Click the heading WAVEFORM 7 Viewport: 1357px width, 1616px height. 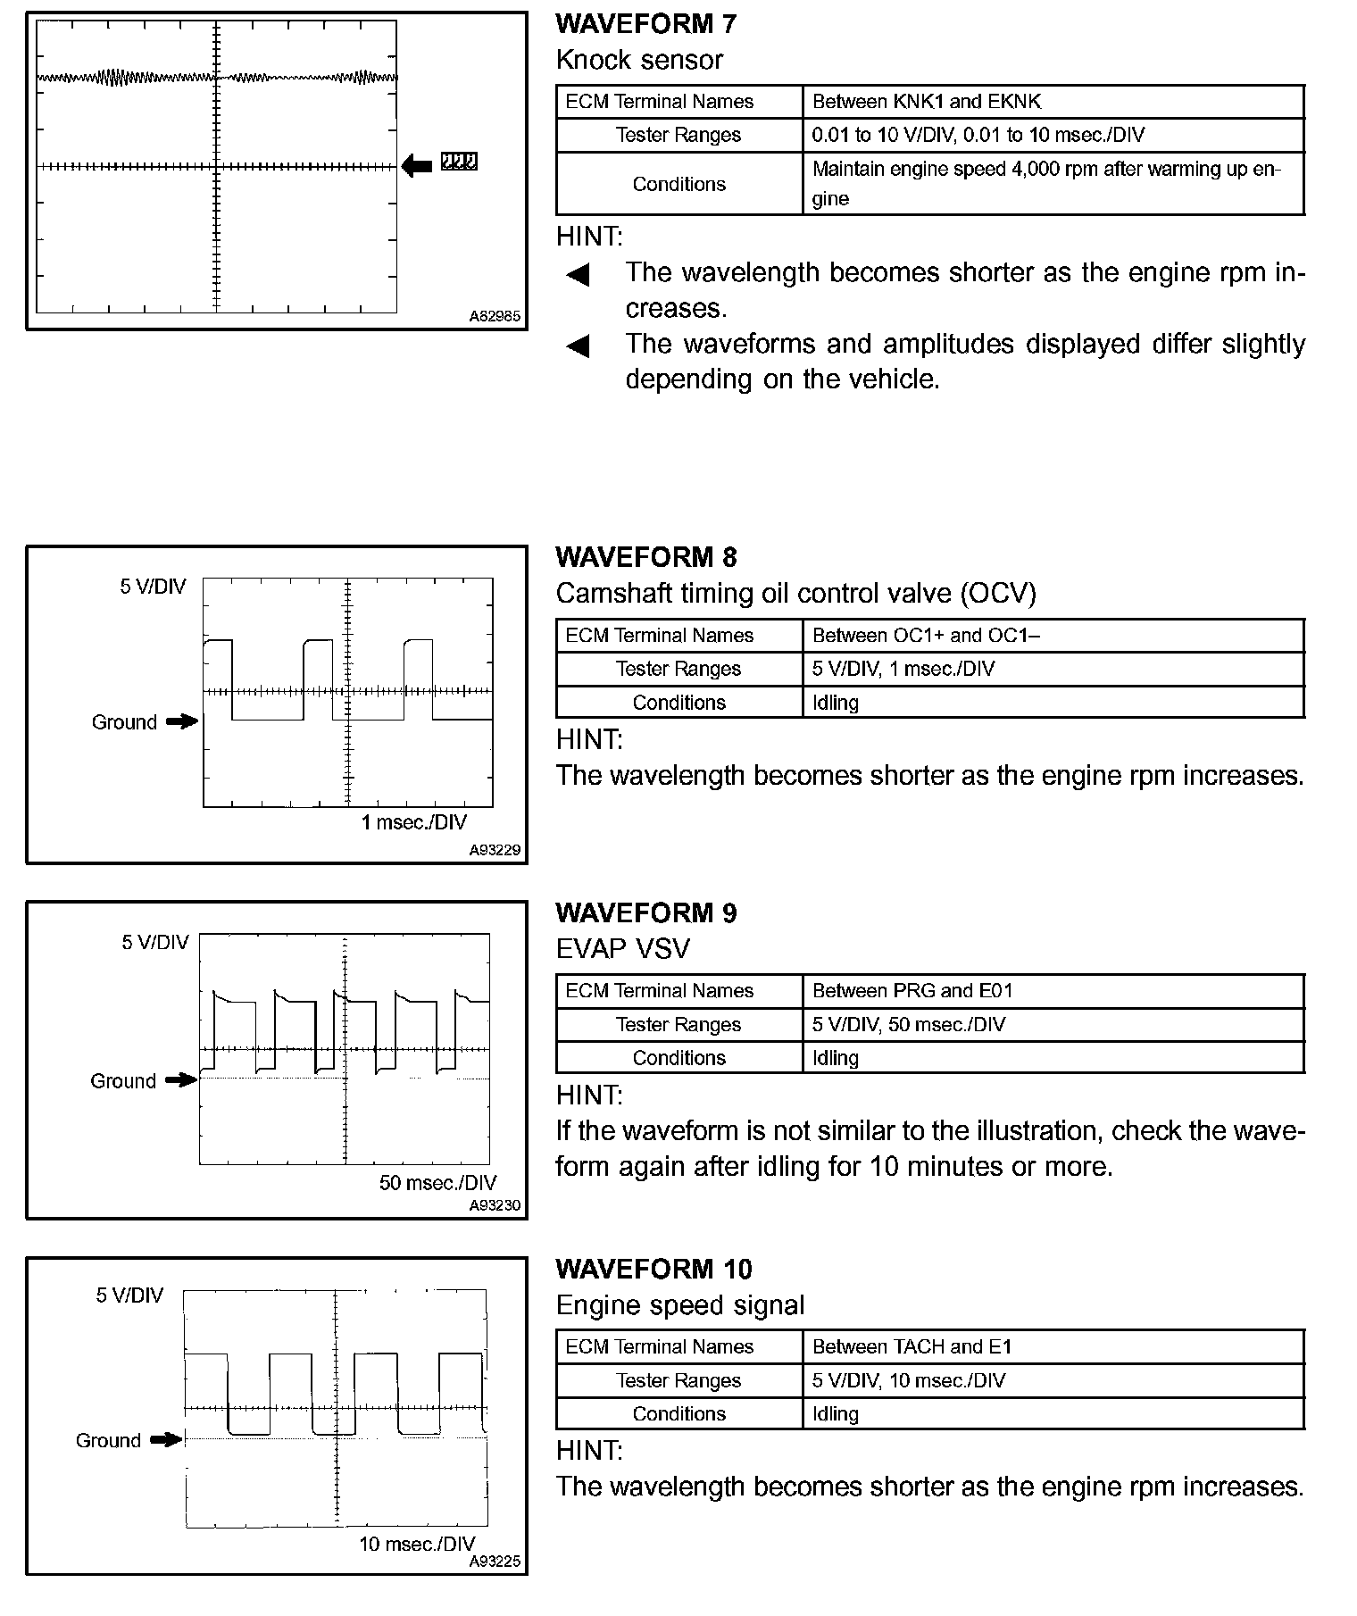[x=645, y=24]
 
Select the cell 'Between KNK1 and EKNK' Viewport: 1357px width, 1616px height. [x=926, y=102]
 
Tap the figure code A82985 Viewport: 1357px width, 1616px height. [x=495, y=316]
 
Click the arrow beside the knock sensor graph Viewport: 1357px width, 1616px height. [x=417, y=164]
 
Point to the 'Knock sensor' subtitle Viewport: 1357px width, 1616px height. [x=639, y=60]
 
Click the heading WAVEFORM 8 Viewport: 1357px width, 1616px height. [x=645, y=558]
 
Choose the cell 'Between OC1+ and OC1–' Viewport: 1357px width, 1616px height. [x=926, y=636]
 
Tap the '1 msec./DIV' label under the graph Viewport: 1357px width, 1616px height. [x=413, y=822]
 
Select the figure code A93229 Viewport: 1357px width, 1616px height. [x=495, y=850]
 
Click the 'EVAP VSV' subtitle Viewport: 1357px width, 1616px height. [x=622, y=948]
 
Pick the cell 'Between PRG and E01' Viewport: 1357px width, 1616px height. [x=912, y=991]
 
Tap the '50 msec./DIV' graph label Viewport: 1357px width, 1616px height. [x=437, y=1183]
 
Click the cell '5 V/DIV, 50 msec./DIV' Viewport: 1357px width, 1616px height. [x=908, y=1025]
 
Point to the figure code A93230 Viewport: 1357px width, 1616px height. [x=495, y=1205]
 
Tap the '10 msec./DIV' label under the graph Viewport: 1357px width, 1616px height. [x=417, y=1544]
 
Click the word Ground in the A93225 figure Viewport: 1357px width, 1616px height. [x=108, y=1440]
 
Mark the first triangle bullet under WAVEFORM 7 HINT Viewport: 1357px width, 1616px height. [x=579, y=274]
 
